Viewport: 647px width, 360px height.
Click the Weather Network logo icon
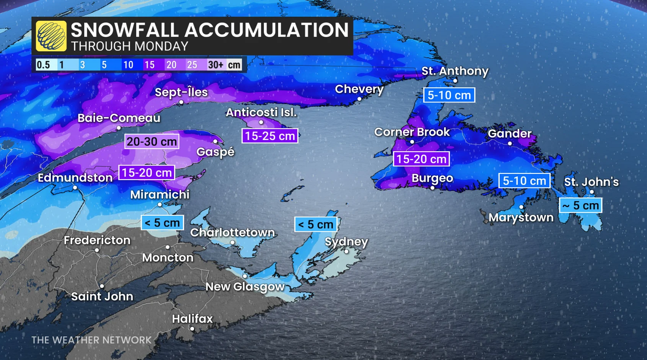pyautogui.click(x=51, y=36)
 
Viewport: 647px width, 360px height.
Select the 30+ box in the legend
pyautogui.click(x=215, y=65)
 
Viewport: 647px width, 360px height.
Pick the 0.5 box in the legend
pyautogui.click(x=43, y=65)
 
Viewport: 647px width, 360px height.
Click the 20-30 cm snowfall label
pyautogui.click(x=152, y=142)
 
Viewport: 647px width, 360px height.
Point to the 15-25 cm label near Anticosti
pyautogui.click(x=270, y=136)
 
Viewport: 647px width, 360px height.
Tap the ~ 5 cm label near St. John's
pyautogui.click(x=580, y=205)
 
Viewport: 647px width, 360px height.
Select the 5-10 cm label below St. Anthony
pyautogui.click(x=449, y=95)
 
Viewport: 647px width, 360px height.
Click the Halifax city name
pyautogui.click(x=192, y=319)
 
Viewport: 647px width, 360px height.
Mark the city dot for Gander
pyautogui.click(x=510, y=143)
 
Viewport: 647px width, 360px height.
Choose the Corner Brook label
pyautogui.click(x=412, y=132)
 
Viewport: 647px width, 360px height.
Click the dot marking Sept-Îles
pyautogui.click(x=181, y=102)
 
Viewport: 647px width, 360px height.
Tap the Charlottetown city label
pyautogui.click(x=232, y=232)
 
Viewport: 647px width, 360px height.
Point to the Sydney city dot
pyautogui.click(x=346, y=251)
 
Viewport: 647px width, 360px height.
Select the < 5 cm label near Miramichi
pyautogui.click(x=162, y=222)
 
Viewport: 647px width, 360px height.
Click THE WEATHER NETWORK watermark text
pyautogui.click(x=91, y=340)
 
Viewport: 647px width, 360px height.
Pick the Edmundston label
pyautogui.click(x=75, y=178)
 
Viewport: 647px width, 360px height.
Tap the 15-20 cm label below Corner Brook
pyautogui.click(x=421, y=159)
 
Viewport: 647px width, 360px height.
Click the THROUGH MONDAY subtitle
pyautogui.click(x=130, y=46)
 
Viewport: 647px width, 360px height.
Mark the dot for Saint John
pyautogui.click(x=102, y=286)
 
